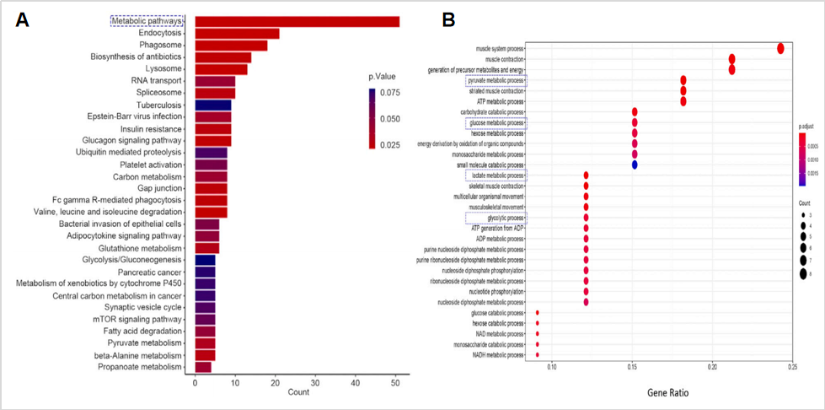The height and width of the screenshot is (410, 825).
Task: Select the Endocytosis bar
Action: coord(237,34)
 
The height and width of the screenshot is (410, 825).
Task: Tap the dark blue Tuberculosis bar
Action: coord(212,105)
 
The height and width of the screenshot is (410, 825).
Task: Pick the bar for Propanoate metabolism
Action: coord(203,368)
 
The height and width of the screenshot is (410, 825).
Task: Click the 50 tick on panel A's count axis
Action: coord(395,384)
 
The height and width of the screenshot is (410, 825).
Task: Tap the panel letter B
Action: coord(449,19)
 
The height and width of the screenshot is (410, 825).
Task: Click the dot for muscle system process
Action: coord(780,49)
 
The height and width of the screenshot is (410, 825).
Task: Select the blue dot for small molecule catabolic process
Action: coord(634,165)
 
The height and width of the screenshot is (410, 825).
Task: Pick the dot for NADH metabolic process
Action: coord(537,354)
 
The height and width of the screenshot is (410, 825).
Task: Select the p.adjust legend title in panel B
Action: coord(807,126)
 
